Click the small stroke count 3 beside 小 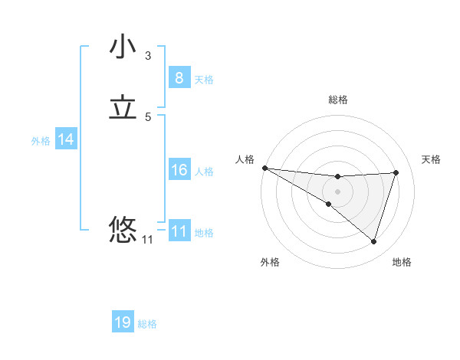point(148,55)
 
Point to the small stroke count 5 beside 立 point(148,117)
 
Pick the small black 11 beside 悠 point(147,240)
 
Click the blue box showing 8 point(179,77)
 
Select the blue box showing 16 point(179,170)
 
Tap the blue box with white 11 point(179,231)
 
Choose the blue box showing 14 point(66,139)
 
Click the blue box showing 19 point(123,322)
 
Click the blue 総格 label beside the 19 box point(147,324)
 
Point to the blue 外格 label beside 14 point(41,141)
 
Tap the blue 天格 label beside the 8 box point(204,79)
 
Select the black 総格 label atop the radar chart point(337,100)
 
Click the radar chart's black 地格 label point(402,262)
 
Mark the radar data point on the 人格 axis point(264,168)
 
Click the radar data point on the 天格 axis point(396,172)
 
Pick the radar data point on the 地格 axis point(373,241)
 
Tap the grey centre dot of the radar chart point(337,191)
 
